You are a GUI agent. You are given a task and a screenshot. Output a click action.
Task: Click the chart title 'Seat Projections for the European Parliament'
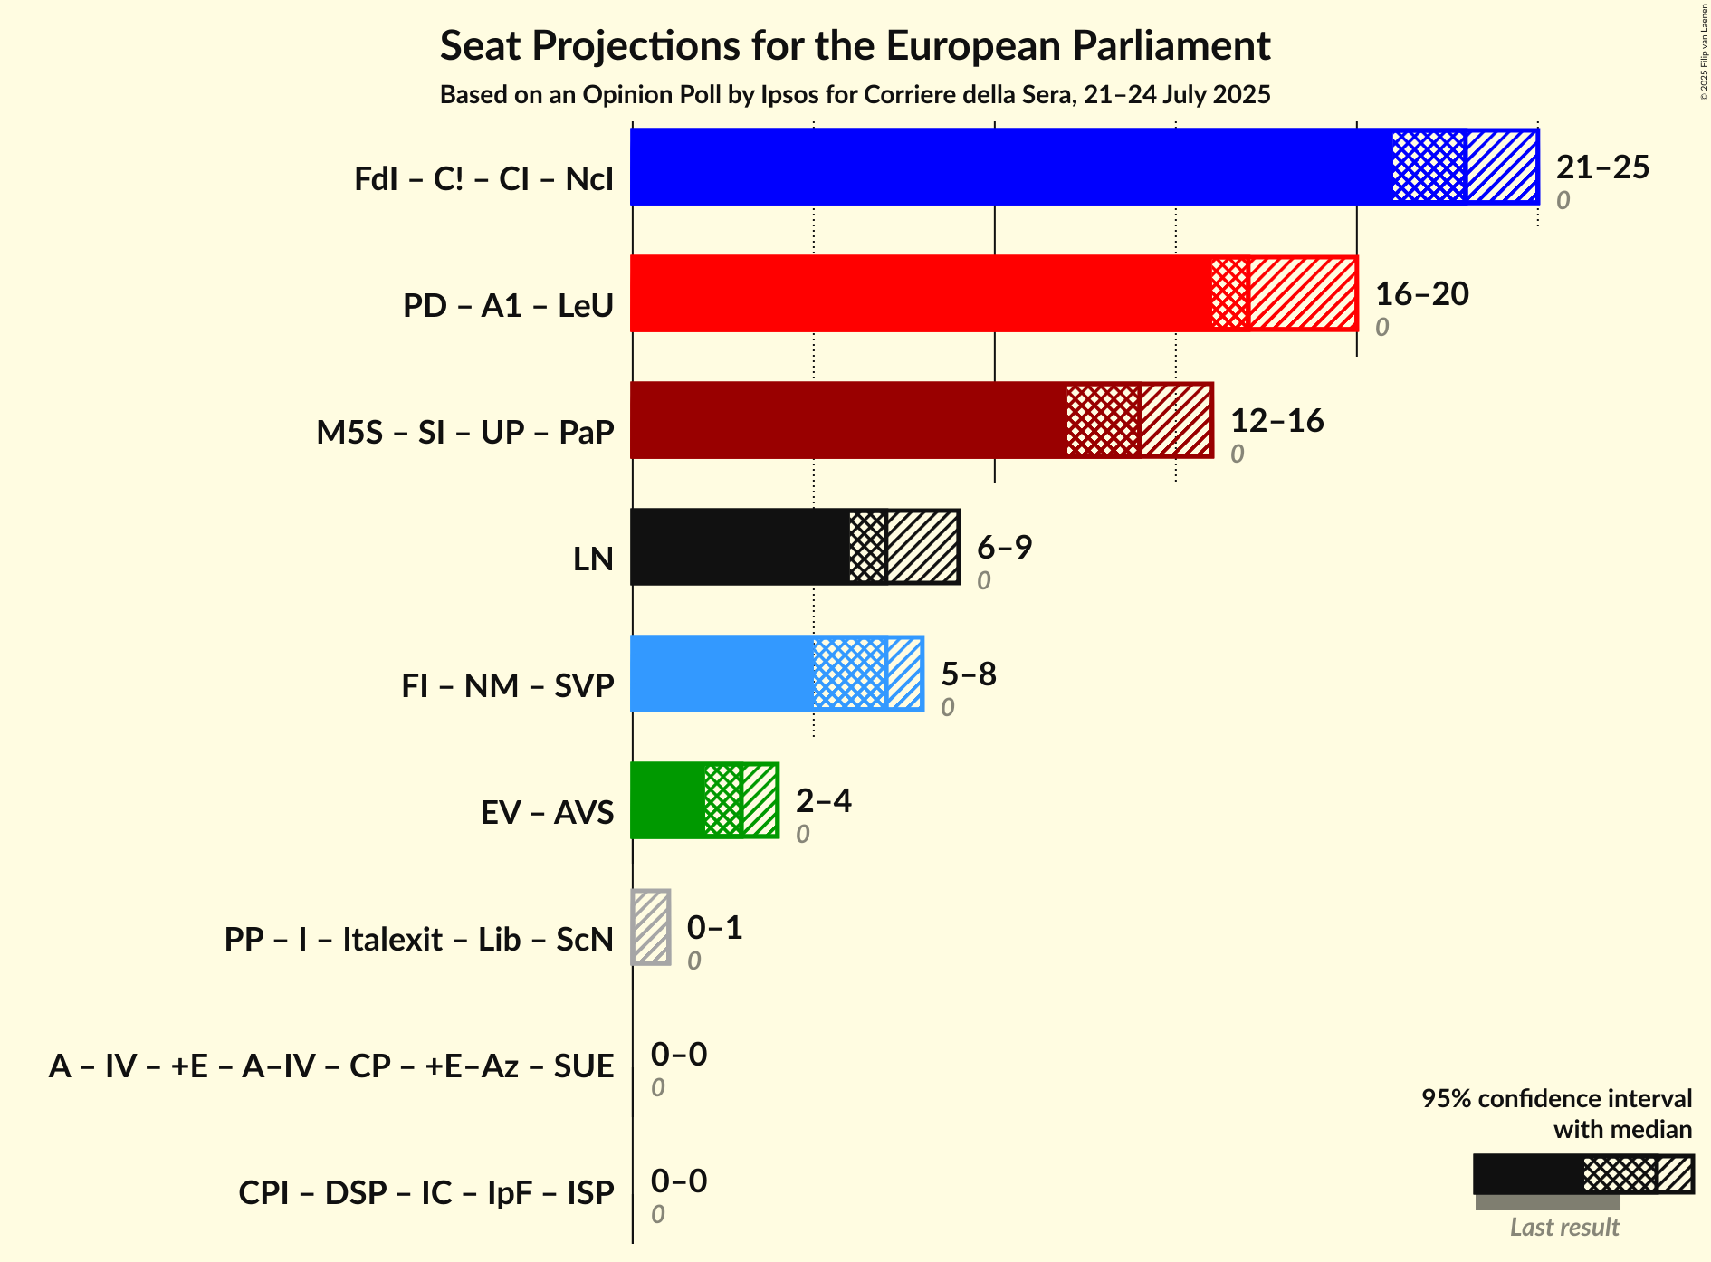[x=855, y=46]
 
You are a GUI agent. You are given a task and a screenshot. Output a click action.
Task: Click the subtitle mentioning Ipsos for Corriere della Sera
[x=855, y=95]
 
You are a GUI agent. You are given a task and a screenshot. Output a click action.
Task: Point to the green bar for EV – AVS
[x=667, y=800]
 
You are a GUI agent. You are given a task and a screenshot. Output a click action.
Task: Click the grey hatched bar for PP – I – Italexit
[x=651, y=927]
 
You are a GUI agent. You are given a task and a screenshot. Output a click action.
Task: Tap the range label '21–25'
[x=1602, y=167]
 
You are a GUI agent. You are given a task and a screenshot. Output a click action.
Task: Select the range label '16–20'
[x=1421, y=294]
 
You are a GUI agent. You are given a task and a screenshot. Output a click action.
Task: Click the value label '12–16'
[x=1276, y=421]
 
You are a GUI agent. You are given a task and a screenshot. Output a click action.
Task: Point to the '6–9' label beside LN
[x=1004, y=548]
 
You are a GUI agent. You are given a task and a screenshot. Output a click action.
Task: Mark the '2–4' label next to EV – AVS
[x=823, y=801]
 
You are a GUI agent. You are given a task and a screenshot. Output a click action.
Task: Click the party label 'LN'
[x=594, y=559]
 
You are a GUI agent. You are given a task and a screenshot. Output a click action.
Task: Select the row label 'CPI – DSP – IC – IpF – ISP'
[x=426, y=1193]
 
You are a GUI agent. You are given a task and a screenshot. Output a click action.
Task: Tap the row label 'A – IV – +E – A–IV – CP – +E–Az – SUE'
[x=331, y=1066]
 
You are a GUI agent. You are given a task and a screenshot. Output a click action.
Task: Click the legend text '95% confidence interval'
[x=1555, y=1099]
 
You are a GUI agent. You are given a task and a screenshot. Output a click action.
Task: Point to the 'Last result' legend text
[x=1564, y=1228]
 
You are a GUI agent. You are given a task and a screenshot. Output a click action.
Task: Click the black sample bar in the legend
[x=1528, y=1174]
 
